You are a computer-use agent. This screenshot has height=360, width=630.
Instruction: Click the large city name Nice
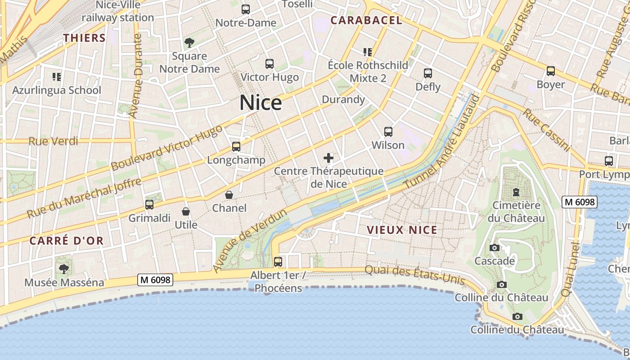(261, 103)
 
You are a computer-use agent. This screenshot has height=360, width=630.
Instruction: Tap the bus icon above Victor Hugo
(270, 64)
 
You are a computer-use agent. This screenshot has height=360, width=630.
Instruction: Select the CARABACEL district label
(366, 20)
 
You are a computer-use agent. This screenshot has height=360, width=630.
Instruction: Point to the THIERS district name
(85, 38)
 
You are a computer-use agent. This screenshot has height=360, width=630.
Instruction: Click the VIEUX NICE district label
(402, 230)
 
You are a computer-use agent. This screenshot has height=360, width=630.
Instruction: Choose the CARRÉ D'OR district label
(67, 241)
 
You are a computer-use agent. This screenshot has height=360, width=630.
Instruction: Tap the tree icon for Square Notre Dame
(189, 43)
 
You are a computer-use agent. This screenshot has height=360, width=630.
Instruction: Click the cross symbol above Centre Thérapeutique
(328, 158)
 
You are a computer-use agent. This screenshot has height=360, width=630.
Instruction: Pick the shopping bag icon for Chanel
(229, 195)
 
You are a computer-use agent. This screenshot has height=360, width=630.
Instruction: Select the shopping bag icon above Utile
(186, 211)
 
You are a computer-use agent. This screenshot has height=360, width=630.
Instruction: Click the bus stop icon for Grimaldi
(149, 205)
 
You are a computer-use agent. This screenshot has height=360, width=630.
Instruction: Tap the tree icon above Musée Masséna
(64, 269)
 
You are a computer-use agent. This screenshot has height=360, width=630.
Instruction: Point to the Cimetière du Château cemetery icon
(516, 192)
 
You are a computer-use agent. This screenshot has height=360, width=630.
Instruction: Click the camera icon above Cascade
(495, 247)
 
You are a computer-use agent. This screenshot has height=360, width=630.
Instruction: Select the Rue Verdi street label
(53, 141)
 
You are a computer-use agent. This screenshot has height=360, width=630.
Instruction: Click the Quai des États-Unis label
(414, 274)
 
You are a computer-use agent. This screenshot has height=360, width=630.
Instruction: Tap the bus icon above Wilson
(388, 132)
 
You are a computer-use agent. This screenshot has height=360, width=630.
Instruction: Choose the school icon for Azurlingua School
(57, 76)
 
